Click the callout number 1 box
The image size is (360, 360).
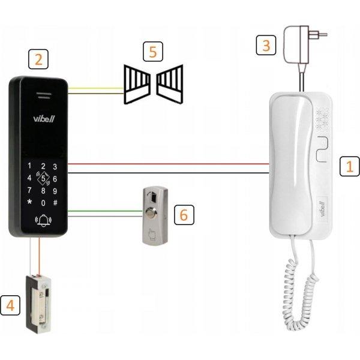click(x=346, y=166)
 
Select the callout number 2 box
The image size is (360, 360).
click(x=38, y=59)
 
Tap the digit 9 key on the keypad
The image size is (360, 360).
click(x=55, y=190)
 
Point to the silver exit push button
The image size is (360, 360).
click(x=154, y=214)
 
